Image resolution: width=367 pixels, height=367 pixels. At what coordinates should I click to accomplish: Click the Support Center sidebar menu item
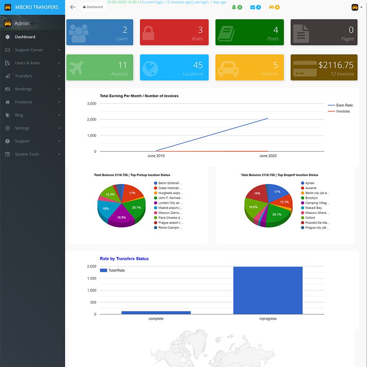(29, 50)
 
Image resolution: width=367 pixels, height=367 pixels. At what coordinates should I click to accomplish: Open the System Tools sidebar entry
(27, 154)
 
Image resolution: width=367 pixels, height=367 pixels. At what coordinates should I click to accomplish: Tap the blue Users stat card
(99, 32)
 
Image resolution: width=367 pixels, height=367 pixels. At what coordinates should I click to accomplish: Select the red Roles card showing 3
(174, 32)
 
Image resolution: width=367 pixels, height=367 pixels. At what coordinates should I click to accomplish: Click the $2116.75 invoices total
(336, 65)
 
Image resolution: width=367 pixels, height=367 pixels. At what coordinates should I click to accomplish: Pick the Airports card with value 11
(99, 67)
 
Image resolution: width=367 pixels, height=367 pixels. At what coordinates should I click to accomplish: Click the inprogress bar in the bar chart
(268, 290)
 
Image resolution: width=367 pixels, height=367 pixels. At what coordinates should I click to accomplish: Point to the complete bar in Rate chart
(156, 312)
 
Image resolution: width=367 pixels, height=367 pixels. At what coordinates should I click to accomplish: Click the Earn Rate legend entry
(344, 105)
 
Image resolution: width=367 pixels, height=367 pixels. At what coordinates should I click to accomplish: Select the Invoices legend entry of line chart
(343, 111)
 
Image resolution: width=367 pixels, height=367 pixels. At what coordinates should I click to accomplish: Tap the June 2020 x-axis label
(268, 156)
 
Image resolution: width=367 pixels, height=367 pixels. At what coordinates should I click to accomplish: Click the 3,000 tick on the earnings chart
(92, 104)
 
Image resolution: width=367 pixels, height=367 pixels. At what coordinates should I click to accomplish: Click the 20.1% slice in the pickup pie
(136, 208)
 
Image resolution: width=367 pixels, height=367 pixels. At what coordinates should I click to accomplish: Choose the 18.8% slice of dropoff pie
(253, 207)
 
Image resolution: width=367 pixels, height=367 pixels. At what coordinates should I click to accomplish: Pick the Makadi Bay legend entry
(313, 208)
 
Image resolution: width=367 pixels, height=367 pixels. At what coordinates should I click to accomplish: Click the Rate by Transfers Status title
(124, 259)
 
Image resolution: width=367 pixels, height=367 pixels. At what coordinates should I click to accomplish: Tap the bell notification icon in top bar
(234, 7)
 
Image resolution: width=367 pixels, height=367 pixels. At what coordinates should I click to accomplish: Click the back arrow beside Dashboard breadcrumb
(73, 7)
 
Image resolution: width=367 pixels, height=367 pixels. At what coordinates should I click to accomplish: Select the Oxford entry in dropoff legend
(310, 218)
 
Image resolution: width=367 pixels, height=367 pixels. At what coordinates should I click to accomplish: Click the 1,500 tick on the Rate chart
(92, 279)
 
